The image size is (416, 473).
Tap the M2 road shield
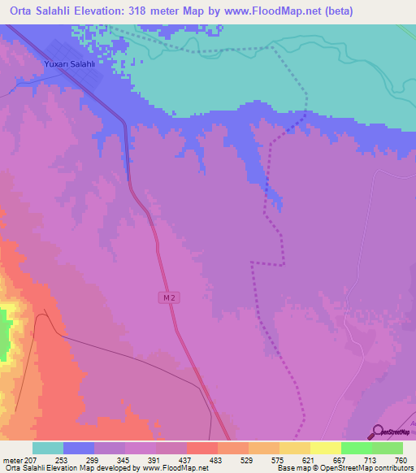click(167, 298)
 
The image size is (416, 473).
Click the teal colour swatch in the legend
click(47, 448)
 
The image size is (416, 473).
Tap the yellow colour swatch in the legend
click(325, 448)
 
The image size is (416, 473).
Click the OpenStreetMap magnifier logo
click(377, 432)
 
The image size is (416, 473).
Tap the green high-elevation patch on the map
click(6, 333)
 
